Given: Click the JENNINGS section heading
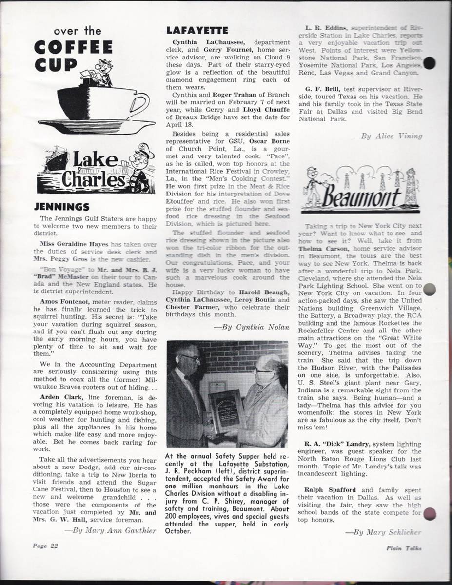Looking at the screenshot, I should click(x=61, y=207).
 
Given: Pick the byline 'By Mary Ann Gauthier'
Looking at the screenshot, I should click(x=110, y=530).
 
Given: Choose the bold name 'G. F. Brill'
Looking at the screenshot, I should click(x=323, y=89).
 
